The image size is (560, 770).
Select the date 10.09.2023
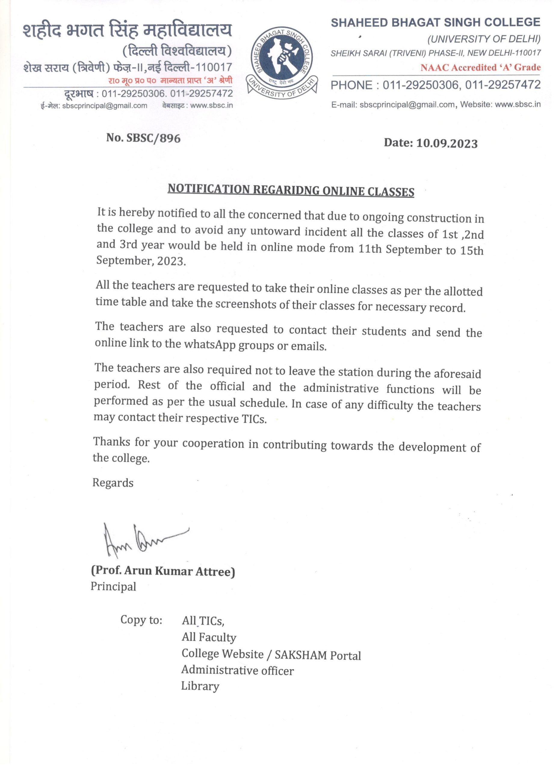(447, 143)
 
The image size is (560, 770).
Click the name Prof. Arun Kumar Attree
(163, 571)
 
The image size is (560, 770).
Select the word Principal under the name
(113, 587)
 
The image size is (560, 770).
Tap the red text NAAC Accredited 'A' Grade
(480, 68)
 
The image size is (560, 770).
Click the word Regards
(113, 483)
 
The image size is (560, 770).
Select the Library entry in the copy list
(200, 686)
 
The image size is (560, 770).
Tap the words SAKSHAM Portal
(317, 655)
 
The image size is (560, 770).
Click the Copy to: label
(141, 620)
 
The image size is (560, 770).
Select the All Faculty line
(209, 637)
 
